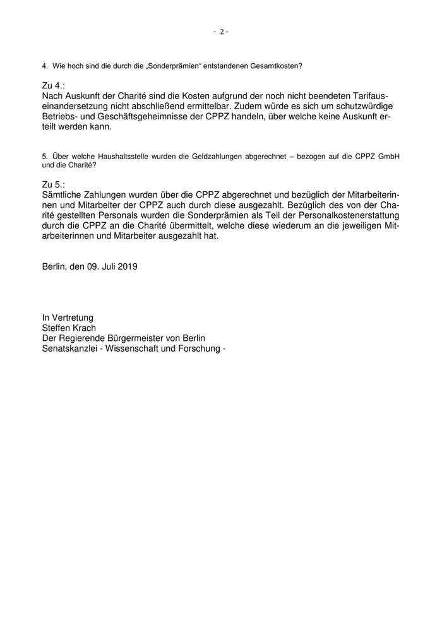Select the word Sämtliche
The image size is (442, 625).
[63, 194]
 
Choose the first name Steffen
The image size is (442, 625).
[56, 328]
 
